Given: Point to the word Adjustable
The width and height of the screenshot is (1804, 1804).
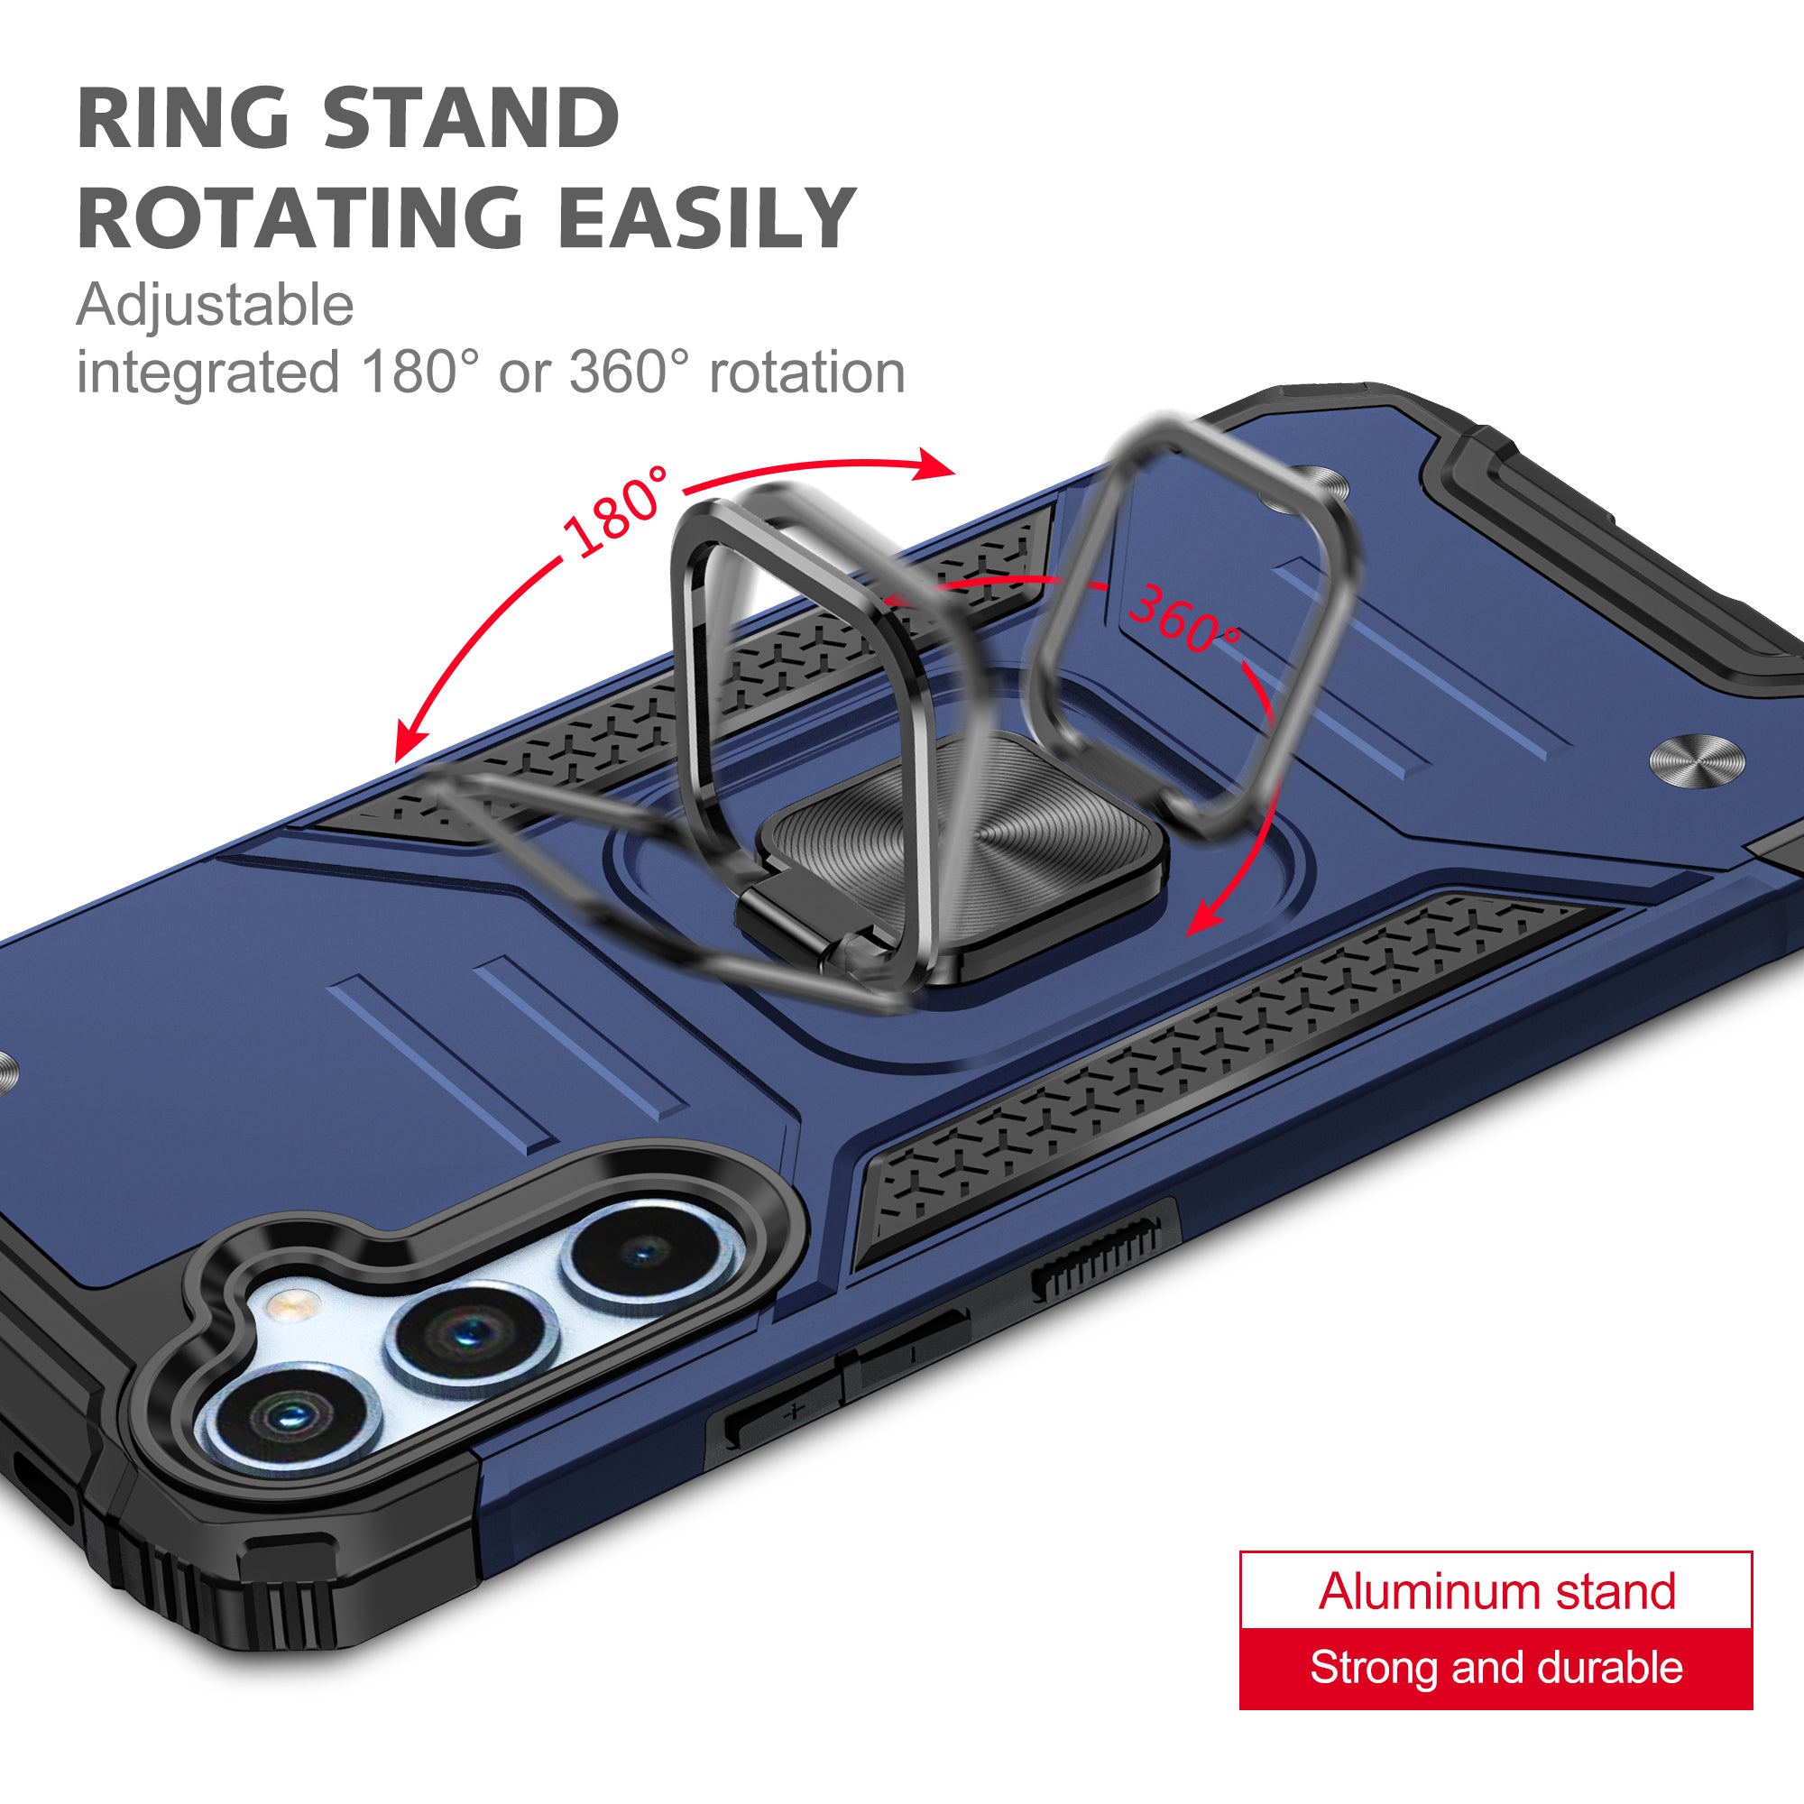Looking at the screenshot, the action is (x=215, y=306).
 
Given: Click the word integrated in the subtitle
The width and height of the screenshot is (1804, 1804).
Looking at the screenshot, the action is (x=207, y=373).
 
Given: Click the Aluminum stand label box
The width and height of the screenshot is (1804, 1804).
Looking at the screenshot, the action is (x=1496, y=1590).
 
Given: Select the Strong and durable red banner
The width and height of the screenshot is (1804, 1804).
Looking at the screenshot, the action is (x=1496, y=1669).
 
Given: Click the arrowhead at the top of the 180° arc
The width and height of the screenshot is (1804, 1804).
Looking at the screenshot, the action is (x=937, y=464).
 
